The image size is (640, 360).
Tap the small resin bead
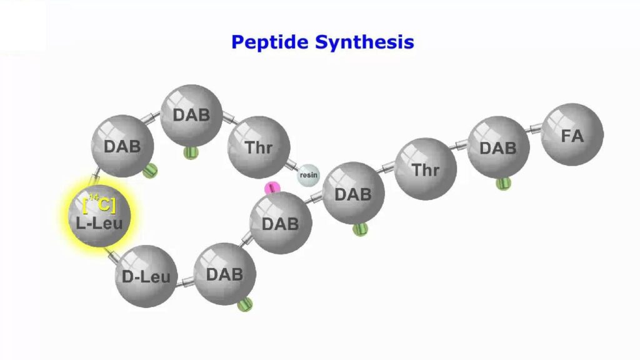tap(307, 176)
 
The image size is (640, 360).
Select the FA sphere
tap(572, 135)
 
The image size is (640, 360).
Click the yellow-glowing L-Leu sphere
tap(99, 216)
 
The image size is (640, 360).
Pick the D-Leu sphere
tap(146, 276)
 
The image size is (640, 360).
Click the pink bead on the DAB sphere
tap(272, 189)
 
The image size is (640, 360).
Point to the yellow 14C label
tap(99, 204)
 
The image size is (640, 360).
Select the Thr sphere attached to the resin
tap(259, 147)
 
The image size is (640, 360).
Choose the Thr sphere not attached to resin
tap(426, 169)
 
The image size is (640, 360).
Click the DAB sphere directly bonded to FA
tap(498, 147)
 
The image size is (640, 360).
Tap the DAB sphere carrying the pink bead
tap(281, 223)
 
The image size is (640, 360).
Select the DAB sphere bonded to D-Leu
tap(224, 274)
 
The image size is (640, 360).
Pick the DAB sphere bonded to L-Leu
tap(122, 146)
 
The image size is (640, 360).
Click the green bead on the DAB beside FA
tap(503, 183)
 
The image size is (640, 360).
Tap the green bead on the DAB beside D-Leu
tap(245, 304)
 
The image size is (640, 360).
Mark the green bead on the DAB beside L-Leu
tap(150, 170)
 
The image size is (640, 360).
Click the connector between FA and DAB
tap(534, 129)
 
